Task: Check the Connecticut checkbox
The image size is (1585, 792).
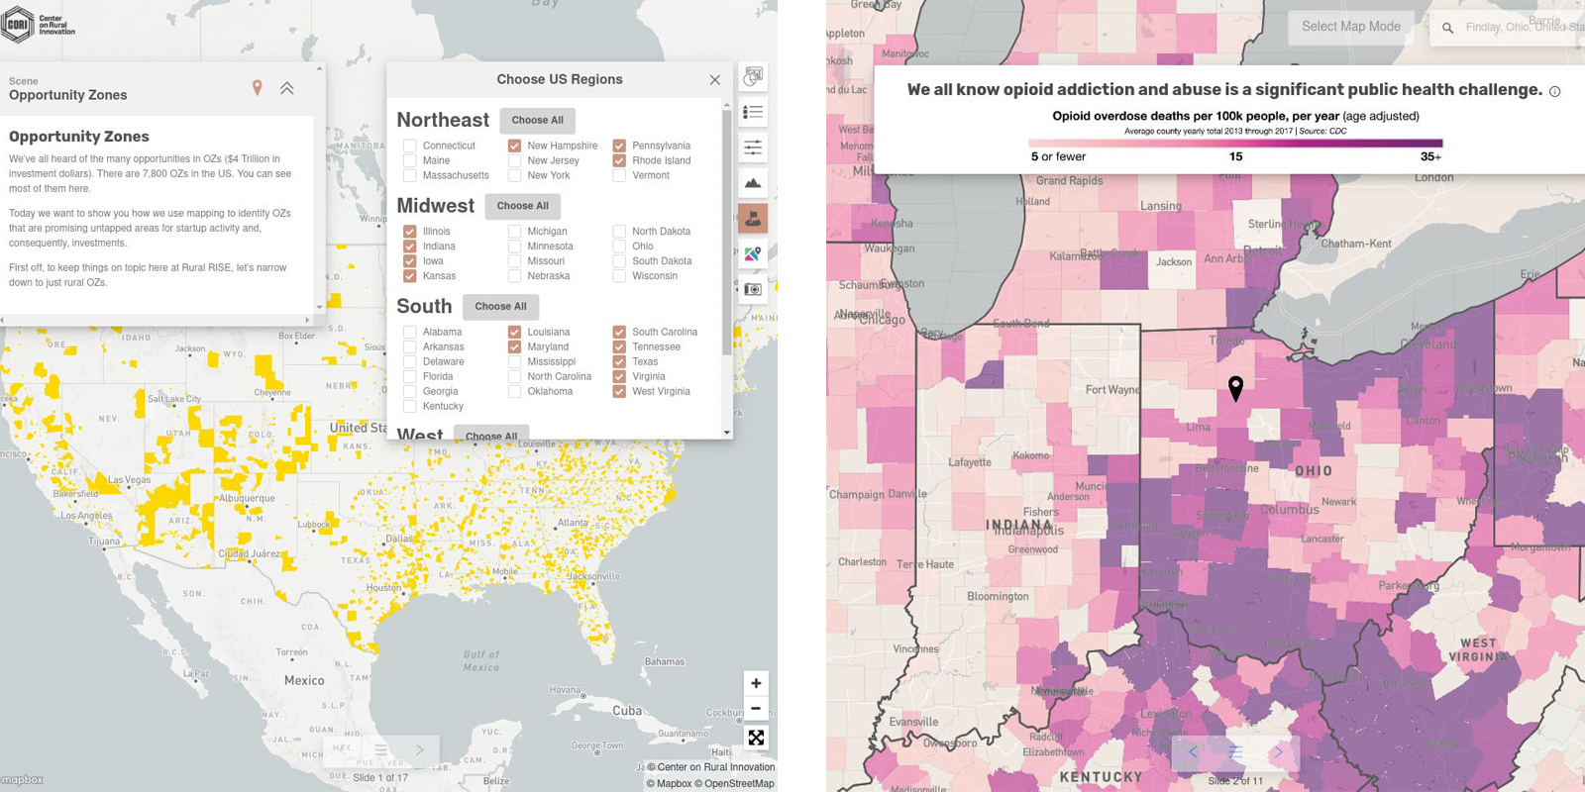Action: [x=409, y=146]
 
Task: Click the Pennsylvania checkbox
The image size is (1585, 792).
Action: [x=619, y=146]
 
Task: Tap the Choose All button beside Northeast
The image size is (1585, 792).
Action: [x=537, y=120]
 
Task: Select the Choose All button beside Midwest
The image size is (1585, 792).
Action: [x=522, y=206]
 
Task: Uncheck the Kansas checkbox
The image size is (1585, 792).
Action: [x=409, y=276]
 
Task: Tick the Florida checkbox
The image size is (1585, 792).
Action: [x=409, y=376]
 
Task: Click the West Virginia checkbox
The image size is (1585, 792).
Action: [x=619, y=391]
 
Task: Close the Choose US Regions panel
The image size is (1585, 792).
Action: [x=714, y=80]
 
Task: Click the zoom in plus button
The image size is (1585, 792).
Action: [x=756, y=683]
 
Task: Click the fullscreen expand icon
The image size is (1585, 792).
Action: [x=756, y=738]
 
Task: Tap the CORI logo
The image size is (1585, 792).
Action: [x=19, y=25]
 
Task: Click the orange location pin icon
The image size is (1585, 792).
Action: [x=257, y=88]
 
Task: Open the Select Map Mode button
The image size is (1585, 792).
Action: [x=1350, y=27]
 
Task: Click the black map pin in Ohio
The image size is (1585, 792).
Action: [x=1235, y=387]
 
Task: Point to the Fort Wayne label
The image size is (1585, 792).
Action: [x=1111, y=390]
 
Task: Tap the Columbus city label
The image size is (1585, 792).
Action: [x=1289, y=510]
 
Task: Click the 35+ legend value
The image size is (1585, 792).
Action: [x=1430, y=156]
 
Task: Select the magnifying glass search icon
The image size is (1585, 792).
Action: [x=1447, y=28]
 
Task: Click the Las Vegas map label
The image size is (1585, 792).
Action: [x=129, y=480]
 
